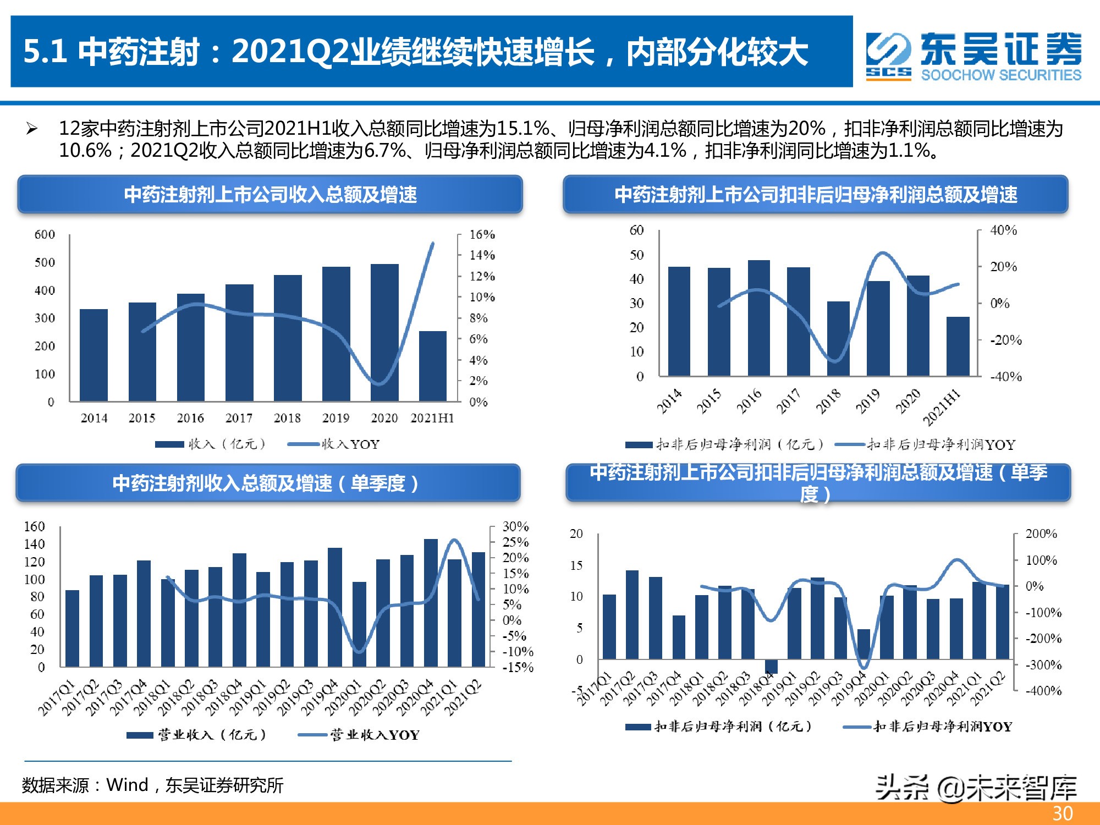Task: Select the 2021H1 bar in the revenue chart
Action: (432, 366)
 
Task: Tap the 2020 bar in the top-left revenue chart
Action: (384, 332)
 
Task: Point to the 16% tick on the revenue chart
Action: (482, 235)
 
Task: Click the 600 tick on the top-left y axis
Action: (45, 235)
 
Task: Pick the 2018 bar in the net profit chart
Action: (838, 338)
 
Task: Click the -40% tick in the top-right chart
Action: (1006, 377)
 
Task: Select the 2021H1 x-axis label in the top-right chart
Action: (942, 407)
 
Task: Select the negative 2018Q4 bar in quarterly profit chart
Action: (771, 666)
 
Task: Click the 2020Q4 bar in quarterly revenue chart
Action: (431, 603)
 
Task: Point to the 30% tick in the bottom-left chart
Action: (515, 526)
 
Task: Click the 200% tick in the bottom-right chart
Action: (1041, 533)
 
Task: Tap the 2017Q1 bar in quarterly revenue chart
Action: (72, 628)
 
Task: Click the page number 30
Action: (1063, 813)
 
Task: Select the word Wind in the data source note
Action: (127, 785)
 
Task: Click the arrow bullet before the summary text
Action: (32, 129)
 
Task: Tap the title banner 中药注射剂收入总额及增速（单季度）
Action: (267, 483)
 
